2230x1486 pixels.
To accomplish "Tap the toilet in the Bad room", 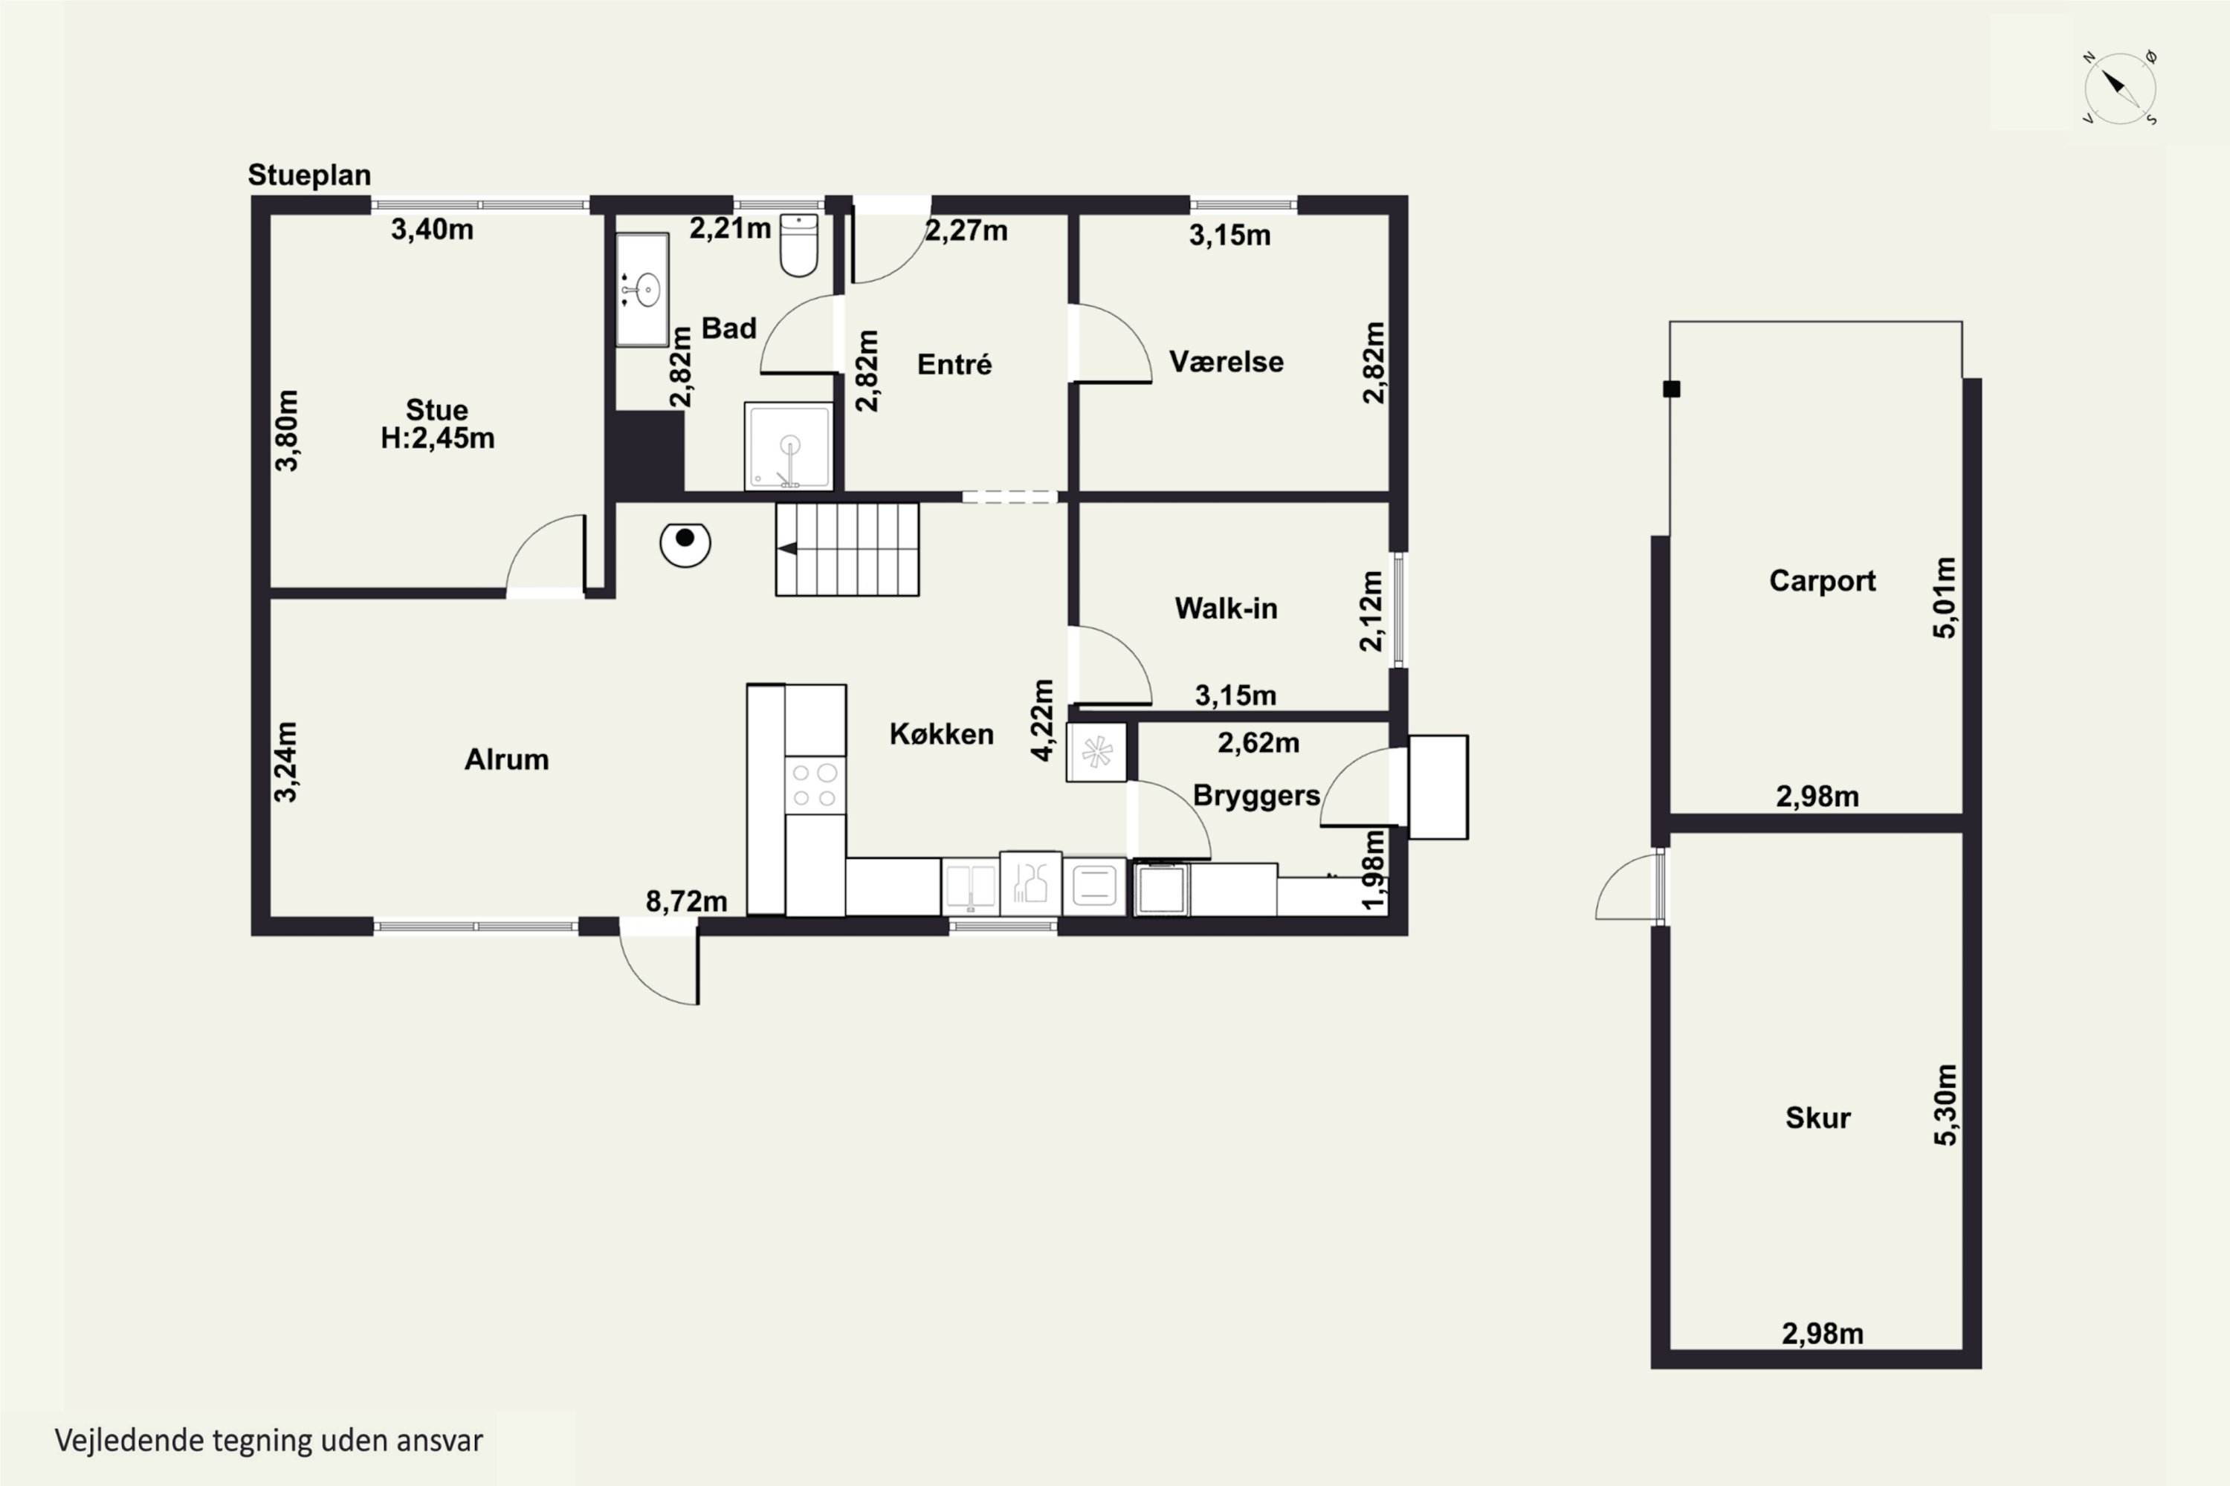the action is (798, 245).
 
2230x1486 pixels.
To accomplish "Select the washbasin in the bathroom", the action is (643, 289).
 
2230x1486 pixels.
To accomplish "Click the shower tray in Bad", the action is (789, 447).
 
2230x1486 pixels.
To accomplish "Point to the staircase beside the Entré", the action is (847, 550).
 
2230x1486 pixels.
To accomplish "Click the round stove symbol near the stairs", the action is (685, 544).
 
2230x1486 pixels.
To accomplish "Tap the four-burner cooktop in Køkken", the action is (815, 785).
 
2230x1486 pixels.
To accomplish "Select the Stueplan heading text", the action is (309, 175).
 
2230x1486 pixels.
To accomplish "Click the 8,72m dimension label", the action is (686, 901).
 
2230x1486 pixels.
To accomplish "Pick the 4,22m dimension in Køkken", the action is (1042, 719).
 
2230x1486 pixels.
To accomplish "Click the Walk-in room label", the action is (1226, 609).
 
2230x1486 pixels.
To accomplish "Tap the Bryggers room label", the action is (1256, 796).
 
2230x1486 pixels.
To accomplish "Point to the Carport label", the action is (1823, 581).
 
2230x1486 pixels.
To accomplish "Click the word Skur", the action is (1817, 1118).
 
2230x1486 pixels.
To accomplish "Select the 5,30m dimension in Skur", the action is (1945, 1105).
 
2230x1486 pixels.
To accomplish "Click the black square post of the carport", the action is (1672, 389).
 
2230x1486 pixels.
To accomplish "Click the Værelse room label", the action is (1226, 362).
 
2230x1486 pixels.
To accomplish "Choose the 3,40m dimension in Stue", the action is (433, 230).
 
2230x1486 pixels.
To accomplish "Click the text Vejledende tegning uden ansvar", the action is (269, 1441).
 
